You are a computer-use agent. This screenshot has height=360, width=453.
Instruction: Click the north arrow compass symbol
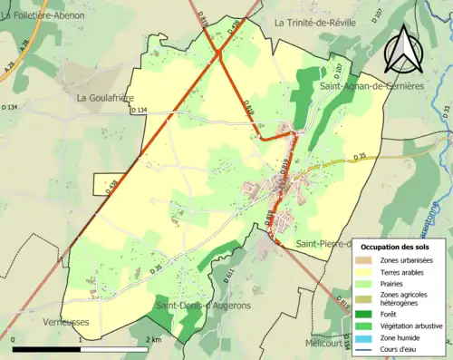pos(402,49)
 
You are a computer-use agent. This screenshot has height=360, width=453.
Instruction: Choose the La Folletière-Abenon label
pos(43,16)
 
